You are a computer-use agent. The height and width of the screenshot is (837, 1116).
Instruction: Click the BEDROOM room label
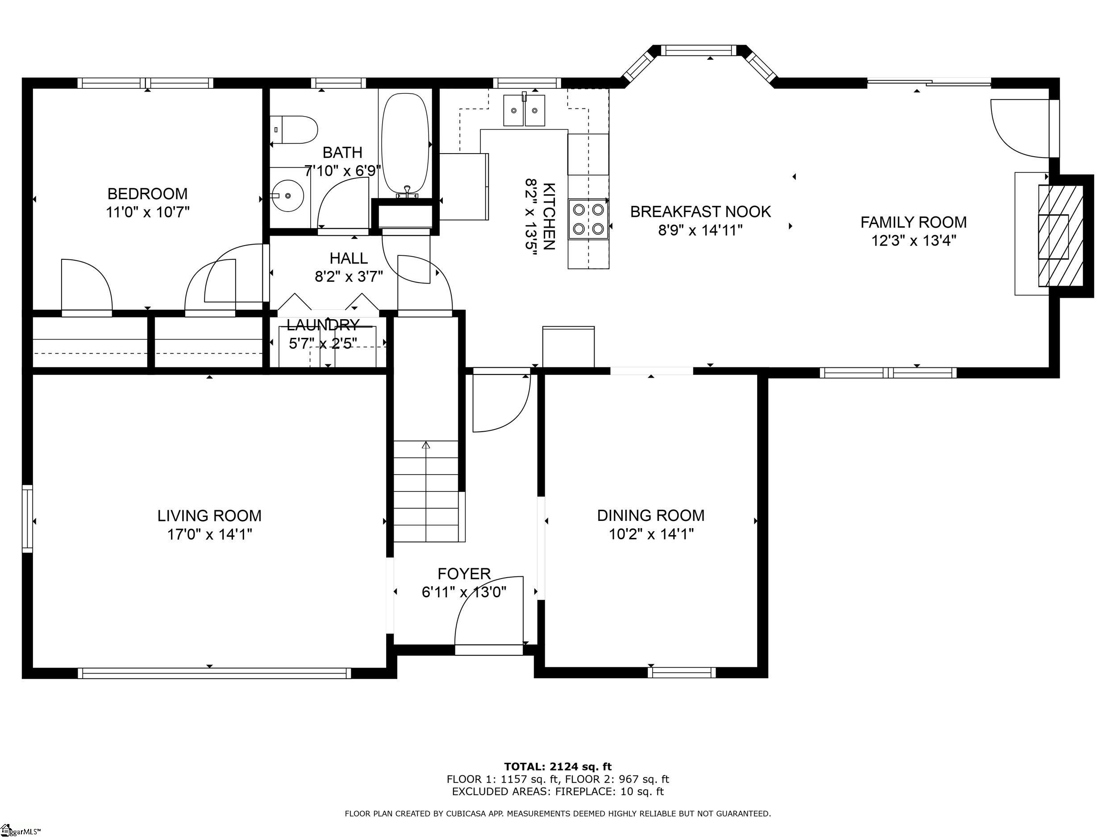coord(147,194)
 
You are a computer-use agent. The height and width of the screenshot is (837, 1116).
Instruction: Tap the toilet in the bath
coord(293,129)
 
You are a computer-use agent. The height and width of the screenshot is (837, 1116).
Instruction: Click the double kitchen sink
coord(524,109)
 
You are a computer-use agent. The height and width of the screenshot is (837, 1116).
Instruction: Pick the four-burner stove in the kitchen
coord(588,219)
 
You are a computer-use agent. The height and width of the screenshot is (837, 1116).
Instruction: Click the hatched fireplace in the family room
coord(1061,236)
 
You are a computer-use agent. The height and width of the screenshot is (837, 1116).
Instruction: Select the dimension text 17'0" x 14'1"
coord(210,534)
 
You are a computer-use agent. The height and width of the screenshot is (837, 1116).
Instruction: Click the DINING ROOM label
coord(651,516)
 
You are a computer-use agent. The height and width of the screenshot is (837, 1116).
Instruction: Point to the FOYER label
coord(464,574)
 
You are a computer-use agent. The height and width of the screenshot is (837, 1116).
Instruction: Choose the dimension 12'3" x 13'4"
coord(914,241)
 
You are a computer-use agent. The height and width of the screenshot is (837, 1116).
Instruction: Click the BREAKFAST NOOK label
coord(701,212)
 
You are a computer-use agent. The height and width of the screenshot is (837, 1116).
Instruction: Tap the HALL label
coord(349,258)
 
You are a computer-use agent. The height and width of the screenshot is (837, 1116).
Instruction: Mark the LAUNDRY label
coord(323,325)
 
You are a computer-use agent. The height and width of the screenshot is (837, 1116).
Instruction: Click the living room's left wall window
coord(27,519)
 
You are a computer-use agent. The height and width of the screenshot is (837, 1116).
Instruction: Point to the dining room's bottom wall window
coord(682,673)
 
